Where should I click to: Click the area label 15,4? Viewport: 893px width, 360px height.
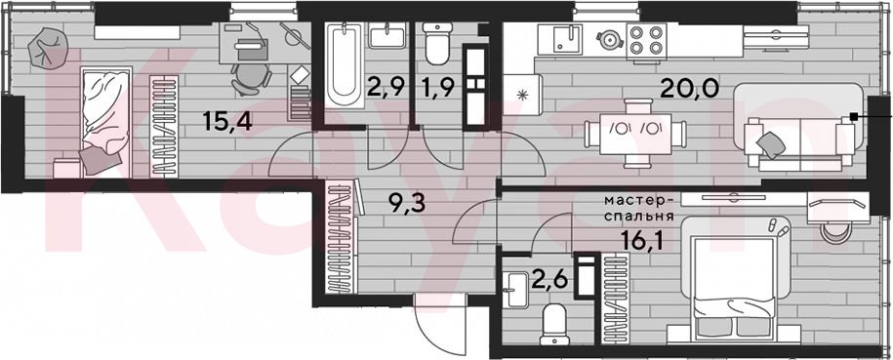[x=227, y=121]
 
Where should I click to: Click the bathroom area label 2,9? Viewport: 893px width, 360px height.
[x=387, y=88]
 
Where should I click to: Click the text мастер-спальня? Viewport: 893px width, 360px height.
[x=639, y=209]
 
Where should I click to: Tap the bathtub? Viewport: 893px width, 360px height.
[x=344, y=63]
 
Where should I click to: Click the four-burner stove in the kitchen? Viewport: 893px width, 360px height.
[x=647, y=41]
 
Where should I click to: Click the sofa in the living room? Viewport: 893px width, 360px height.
[x=799, y=127]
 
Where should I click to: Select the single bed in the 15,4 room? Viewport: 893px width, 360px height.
[x=106, y=121]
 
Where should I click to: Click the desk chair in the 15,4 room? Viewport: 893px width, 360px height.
[x=251, y=78]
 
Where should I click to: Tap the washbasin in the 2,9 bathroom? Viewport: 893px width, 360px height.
[x=387, y=36]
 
